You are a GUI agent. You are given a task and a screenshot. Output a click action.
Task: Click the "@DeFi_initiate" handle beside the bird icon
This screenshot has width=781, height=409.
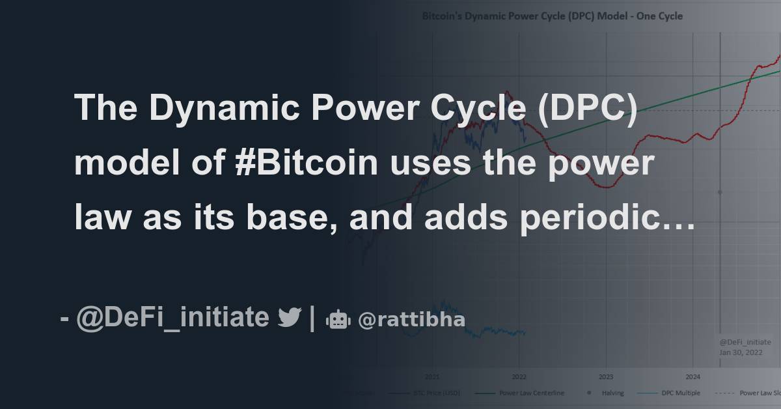tap(172, 318)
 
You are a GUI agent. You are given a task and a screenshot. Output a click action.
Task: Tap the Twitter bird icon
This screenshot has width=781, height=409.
tap(289, 318)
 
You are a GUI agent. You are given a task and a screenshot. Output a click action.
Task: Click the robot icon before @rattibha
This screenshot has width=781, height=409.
tap(338, 319)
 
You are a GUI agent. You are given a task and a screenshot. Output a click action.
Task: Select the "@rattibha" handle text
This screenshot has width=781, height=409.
tap(411, 320)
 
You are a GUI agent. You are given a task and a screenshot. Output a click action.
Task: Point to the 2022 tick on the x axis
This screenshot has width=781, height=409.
tap(519, 376)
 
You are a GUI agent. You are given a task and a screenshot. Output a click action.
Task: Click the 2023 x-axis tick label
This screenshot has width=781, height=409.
tap(606, 376)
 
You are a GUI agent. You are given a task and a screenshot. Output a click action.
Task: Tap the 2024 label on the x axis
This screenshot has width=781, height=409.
tap(693, 376)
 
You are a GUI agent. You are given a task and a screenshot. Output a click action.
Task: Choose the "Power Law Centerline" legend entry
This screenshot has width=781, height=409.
tap(531, 393)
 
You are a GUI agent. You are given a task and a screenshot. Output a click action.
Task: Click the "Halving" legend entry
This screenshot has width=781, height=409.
tap(612, 393)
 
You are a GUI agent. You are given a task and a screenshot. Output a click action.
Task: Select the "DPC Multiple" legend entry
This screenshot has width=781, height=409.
tap(681, 393)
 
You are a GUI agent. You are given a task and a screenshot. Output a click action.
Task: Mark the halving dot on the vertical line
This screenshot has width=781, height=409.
tap(720, 192)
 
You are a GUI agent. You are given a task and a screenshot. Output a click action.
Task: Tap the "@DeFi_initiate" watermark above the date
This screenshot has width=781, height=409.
tap(745, 341)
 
